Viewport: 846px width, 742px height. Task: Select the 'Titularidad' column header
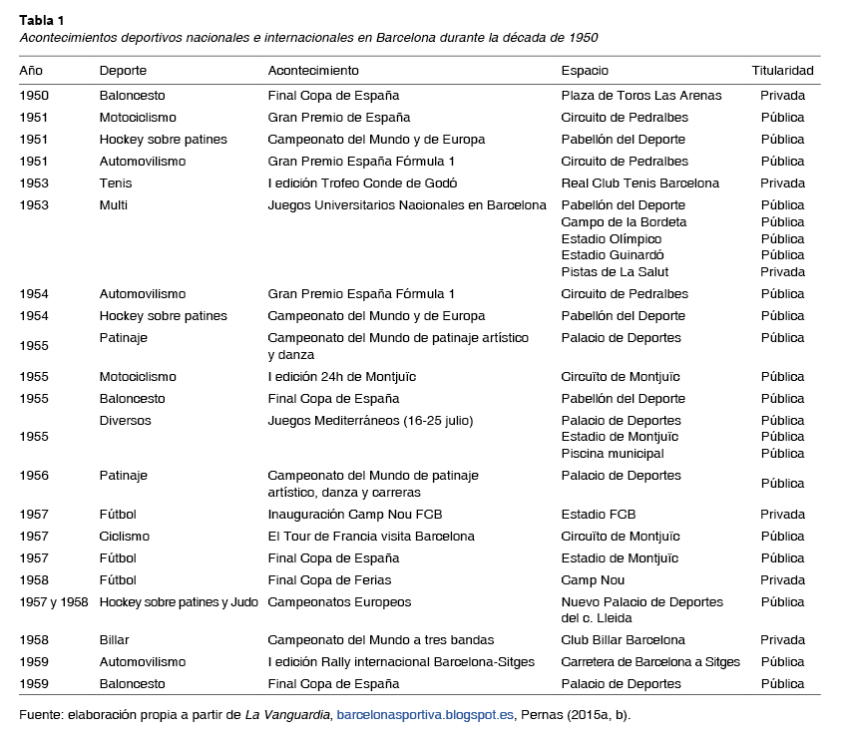pos(782,71)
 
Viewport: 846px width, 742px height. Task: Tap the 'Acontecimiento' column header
pos(313,71)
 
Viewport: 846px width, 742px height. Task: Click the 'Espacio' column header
pos(585,71)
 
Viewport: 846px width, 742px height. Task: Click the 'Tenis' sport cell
pos(116,184)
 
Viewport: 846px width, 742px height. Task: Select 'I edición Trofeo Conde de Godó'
pos(362,184)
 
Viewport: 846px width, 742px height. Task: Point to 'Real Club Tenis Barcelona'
pos(639,184)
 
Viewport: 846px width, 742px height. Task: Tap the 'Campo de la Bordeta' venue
pos(624,222)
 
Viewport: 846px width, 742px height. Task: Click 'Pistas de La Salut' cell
pos(615,272)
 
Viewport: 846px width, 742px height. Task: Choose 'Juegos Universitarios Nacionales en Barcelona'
pos(407,205)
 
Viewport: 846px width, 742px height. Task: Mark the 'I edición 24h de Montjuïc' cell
pos(341,377)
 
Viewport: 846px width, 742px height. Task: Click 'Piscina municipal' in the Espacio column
pos(613,454)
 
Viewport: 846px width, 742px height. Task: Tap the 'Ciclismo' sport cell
pos(125,537)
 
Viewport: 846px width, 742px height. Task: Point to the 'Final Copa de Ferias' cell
pos(329,580)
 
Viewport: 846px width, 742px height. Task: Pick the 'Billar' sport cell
pos(114,640)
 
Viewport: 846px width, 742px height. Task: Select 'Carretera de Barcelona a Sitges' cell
pos(650,662)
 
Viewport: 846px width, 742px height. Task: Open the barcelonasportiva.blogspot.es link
pos(425,715)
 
